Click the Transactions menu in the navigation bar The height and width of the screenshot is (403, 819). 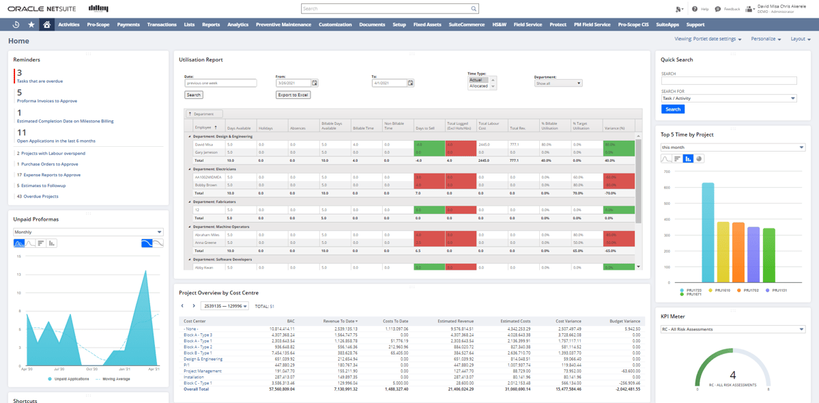(162, 25)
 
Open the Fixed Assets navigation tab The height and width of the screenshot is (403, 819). (427, 25)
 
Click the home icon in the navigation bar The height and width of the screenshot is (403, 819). (46, 25)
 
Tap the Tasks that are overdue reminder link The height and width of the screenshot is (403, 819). (40, 81)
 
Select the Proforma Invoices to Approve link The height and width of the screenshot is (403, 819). (47, 101)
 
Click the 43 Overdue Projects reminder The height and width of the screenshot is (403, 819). (37, 196)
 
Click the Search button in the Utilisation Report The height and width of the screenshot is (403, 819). (194, 95)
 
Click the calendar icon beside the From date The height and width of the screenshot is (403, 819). (315, 83)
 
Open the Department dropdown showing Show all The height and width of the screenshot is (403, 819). (558, 83)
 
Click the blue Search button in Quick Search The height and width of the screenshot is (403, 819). (673, 109)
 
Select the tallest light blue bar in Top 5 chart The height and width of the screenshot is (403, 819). (708, 232)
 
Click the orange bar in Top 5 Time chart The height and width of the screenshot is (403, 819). (738, 252)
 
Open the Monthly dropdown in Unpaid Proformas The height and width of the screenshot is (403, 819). (88, 232)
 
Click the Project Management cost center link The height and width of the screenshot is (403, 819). (202, 371)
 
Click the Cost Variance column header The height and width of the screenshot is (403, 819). (568, 321)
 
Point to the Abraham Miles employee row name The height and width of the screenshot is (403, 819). (207, 234)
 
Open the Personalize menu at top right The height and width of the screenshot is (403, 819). (766, 39)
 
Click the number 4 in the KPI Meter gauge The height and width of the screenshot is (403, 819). (733, 375)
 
